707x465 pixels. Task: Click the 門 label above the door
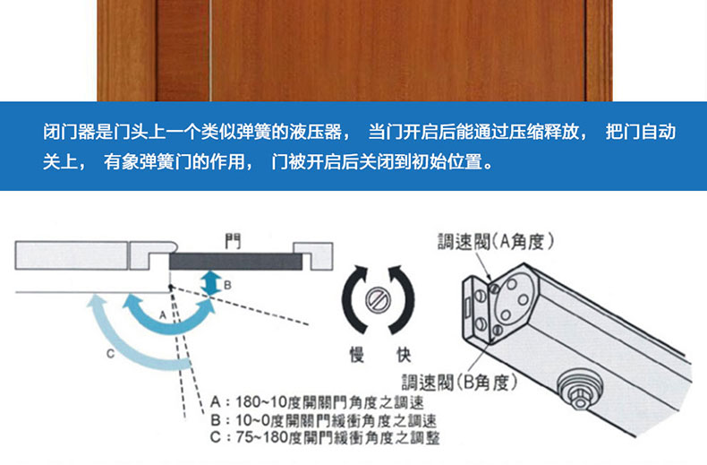233,241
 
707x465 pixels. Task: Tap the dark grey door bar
236,262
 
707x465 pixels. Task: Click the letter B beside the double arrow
227,285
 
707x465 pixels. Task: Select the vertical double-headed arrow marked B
211,283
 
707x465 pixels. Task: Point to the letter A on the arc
163,315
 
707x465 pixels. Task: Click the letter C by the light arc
110,354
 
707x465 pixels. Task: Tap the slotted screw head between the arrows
378,300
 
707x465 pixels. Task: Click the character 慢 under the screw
357,355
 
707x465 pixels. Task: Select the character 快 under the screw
404,355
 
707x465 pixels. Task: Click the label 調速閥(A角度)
496,242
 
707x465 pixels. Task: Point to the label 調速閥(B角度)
459,383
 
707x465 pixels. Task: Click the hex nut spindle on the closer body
579,390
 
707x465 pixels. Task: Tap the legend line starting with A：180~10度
317,401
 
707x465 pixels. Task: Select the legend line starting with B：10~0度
323,420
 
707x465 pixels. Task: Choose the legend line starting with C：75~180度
325,437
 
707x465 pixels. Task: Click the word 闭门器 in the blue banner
69,132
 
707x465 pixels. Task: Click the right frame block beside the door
313,256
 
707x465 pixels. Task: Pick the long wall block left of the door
72,255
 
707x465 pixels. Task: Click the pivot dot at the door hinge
170,287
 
